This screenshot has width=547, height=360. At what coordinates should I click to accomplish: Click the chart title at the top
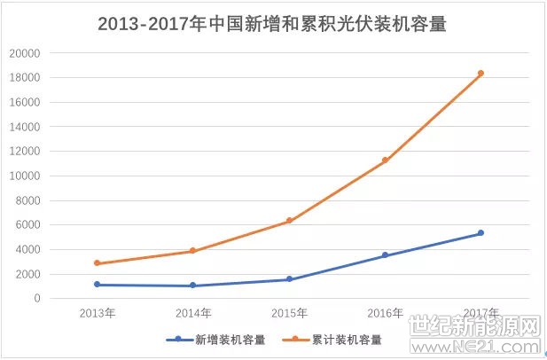272,23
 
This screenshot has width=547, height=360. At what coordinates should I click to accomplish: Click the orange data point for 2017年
481,74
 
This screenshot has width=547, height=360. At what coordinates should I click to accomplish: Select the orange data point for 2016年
385,160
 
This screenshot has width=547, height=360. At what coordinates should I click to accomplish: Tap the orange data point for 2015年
289,221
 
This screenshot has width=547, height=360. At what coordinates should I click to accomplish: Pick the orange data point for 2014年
193,251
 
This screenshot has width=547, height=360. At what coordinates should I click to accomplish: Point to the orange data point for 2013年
97,263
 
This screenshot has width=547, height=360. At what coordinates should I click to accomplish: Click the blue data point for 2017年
481,233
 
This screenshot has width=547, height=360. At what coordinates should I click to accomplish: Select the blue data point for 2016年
385,255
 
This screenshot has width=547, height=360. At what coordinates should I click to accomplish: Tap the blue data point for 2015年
289,279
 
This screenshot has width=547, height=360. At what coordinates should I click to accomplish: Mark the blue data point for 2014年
193,286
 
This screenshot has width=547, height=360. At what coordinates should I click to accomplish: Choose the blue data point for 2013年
97,285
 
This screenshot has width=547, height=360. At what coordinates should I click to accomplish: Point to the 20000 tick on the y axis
25,53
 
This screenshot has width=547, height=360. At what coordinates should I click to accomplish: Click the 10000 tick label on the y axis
25,176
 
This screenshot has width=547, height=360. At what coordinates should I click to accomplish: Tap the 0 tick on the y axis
37,299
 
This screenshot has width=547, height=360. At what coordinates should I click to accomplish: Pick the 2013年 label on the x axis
97,313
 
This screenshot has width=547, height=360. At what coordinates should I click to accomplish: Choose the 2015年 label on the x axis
289,313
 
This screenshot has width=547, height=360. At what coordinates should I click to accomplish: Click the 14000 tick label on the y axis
25,127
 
